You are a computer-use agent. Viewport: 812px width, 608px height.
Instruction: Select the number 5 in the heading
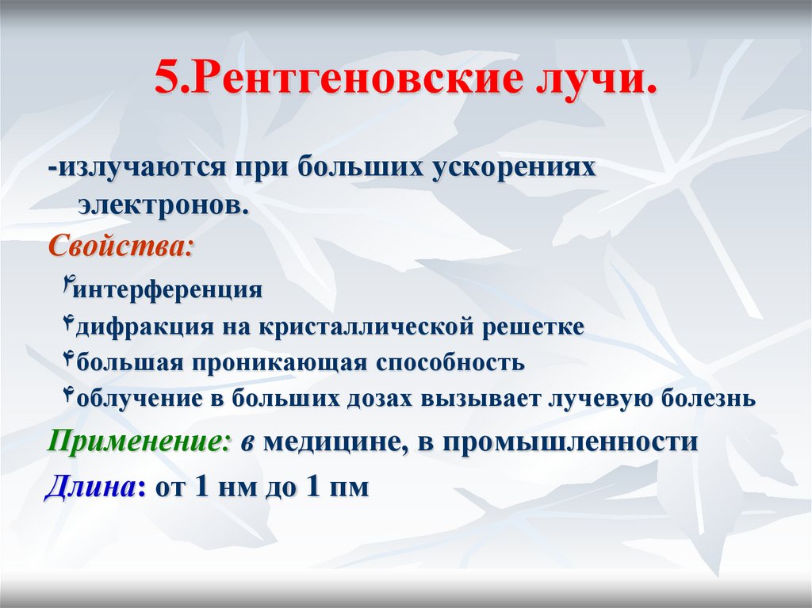pos(167,82)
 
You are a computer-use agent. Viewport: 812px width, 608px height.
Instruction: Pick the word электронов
pos(163,205)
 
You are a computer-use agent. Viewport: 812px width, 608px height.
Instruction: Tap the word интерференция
pos(167,290)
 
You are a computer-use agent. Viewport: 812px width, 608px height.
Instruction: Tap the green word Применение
pos(136,441)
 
